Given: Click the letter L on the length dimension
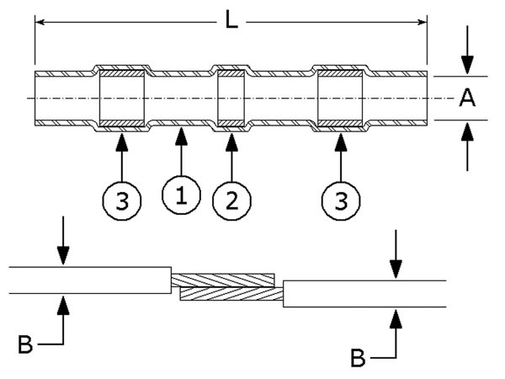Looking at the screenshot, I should coord(231,19).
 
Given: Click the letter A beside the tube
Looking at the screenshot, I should coord(468,99).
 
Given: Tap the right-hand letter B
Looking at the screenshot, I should coord(357,358).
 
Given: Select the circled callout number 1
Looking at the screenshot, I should coord(182,197).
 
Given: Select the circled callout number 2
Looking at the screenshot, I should coord(231,200).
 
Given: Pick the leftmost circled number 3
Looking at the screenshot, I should coord(121,200).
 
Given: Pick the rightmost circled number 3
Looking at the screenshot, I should coord(340,200).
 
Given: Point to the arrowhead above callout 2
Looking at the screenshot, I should coord(231,138).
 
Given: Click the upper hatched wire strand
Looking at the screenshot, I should coord(223,279).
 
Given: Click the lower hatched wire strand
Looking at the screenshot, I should coord(231,294).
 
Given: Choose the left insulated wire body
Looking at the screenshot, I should coord(88,280).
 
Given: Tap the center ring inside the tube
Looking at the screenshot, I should coord(231,99).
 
